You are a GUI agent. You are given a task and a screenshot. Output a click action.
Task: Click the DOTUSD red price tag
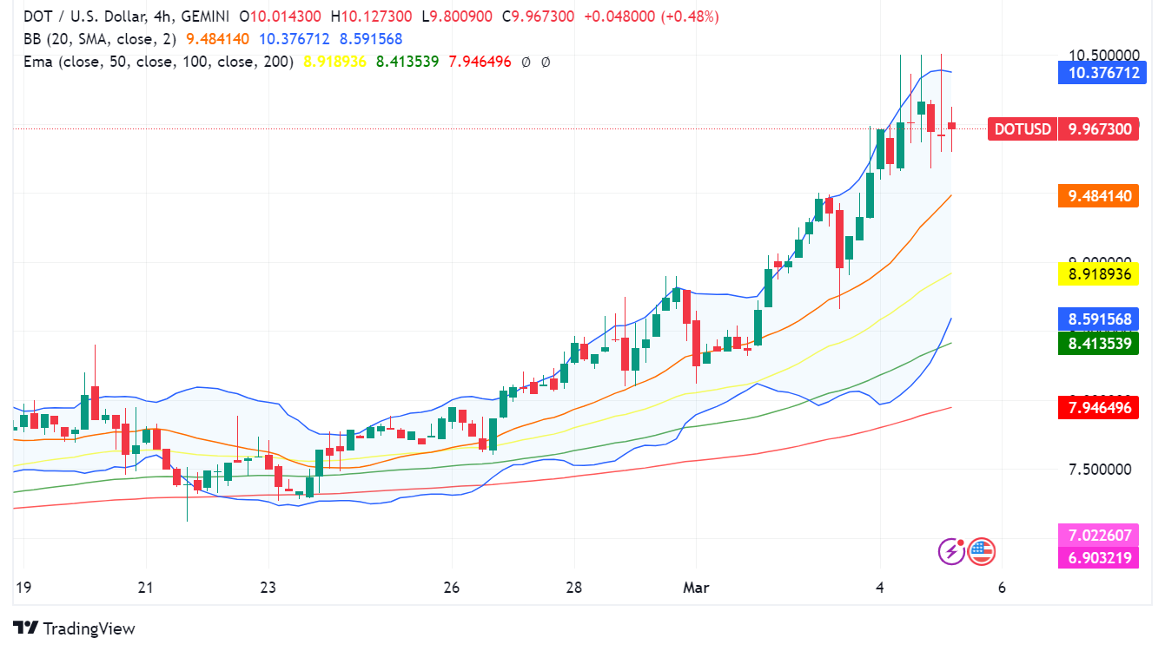[1023, 129]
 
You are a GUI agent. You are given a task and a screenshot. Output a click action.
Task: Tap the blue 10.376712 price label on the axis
[1097, 73]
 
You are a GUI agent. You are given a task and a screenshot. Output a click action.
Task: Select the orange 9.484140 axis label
[1097, 196]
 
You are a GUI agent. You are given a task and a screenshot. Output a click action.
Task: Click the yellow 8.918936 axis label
[1097, 274]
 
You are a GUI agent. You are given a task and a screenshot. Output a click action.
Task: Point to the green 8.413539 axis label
[1097, 343]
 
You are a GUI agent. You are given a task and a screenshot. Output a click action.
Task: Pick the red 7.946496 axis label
[1097, 407]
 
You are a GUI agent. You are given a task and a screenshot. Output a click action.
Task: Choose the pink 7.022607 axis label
[1097, 535]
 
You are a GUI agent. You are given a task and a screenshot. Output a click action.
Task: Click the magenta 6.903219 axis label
[1097, 558]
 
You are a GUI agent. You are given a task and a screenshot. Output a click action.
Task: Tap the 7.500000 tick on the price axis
[1099, 470]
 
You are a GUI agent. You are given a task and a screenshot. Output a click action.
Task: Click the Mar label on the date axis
[695, 588]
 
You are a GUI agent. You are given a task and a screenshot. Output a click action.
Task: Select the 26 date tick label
[451, 588]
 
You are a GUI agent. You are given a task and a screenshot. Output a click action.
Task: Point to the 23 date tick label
[268, 588]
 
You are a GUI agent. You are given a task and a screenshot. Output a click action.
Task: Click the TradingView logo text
[89, 628]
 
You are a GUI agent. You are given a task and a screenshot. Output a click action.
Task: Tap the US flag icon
[981, 550]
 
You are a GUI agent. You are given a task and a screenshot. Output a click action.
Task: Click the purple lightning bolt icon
[952, 550]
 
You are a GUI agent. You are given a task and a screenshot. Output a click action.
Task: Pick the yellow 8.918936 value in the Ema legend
[335, 62]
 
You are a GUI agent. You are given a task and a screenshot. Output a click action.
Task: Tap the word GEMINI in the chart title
[204, 16]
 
